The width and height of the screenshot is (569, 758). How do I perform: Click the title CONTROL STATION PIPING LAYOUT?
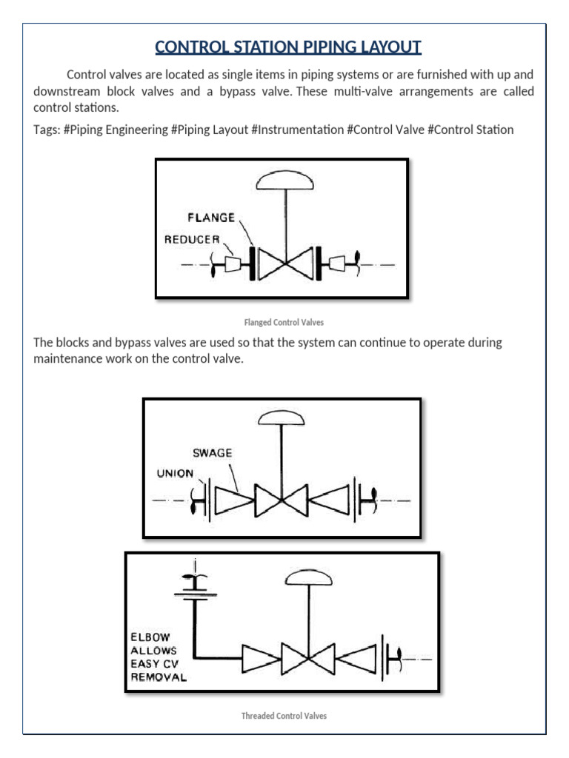point(287,48)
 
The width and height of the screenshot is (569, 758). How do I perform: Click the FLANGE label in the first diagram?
point(211,218)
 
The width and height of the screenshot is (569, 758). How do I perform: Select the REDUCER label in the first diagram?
point(192,239)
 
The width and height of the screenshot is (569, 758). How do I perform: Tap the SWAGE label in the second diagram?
point(213,452)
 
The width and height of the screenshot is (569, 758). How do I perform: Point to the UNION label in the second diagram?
point(175,474)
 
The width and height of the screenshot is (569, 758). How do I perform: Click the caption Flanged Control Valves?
point(284,323)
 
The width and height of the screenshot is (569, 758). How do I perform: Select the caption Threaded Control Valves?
point(284,716)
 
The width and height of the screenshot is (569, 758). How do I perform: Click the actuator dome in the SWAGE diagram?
point(281,419)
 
